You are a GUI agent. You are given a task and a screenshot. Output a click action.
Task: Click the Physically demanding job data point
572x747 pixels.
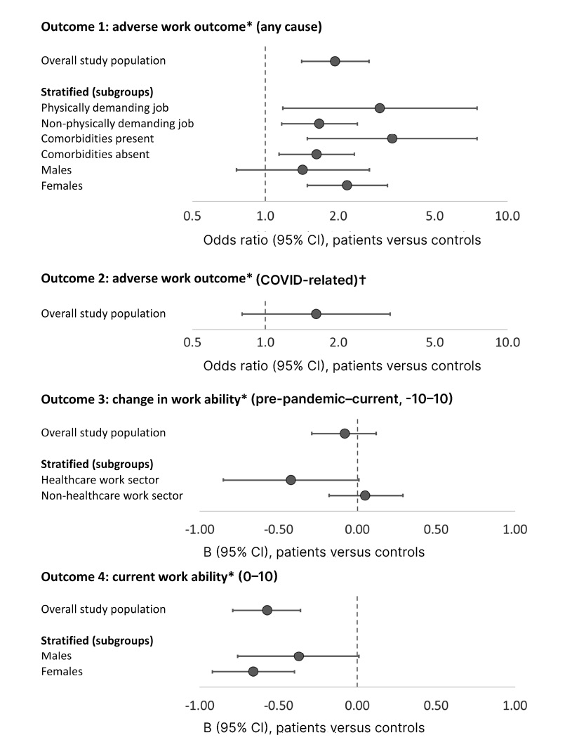tap(380, 108)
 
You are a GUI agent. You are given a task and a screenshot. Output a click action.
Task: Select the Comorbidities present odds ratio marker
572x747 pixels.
tap(392, 138)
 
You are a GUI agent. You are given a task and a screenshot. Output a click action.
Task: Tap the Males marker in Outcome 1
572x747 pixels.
tap(302, 169)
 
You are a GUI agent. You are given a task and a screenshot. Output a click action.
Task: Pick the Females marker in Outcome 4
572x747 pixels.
tap(253, 672)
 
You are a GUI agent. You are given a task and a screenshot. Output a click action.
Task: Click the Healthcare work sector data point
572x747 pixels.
tap(291, 480)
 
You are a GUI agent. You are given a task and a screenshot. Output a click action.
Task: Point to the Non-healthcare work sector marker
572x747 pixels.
tap(365, 495)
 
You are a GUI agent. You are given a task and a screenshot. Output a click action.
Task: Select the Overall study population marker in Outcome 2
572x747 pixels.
tap(316, 313)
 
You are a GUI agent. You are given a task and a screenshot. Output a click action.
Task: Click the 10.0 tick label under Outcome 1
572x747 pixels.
tap(507, 216)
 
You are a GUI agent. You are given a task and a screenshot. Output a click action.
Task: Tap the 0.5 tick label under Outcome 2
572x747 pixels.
tap(192, 342)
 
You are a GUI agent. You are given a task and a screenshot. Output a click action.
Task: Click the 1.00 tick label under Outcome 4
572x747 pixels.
tap(514, 705)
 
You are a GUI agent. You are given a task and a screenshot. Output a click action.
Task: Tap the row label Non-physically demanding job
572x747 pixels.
tap(117, 124)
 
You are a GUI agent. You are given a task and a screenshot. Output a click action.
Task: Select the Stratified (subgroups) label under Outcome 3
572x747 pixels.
tap(98, 465)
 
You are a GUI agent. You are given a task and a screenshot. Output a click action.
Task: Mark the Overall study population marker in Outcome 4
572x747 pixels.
tap(267, 610)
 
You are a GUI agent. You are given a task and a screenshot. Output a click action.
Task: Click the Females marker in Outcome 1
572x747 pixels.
tap(347, 185)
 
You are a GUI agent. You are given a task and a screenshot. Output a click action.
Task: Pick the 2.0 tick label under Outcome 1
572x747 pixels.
tap(338, 216)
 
